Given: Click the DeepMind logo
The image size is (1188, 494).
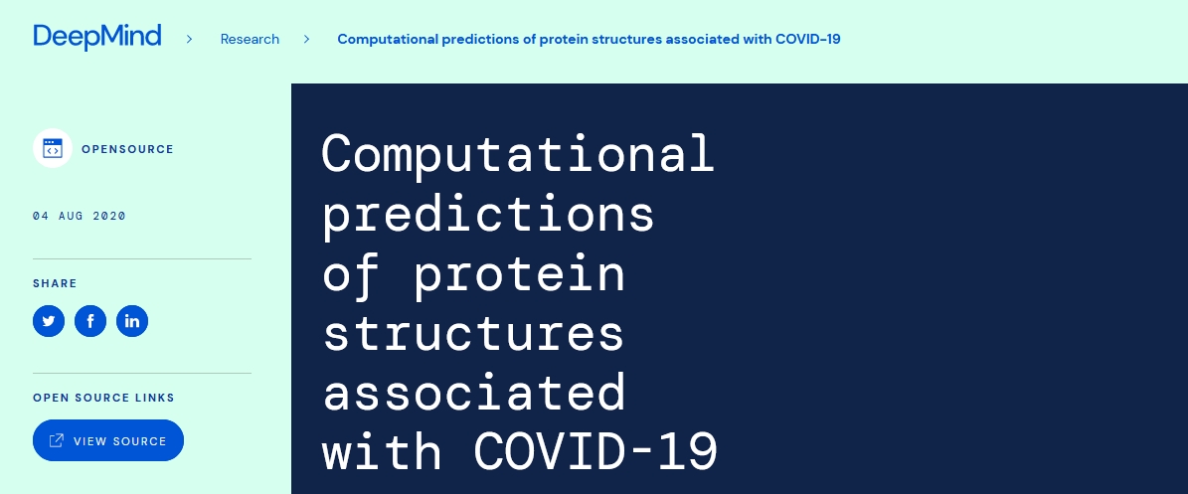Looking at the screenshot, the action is [97, 37].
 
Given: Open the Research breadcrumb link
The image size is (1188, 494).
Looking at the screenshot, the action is [250, 39].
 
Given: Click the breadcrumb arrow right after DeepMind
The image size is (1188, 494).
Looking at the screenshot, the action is [190, 39].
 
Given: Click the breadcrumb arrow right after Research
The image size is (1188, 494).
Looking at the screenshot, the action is [307, 39].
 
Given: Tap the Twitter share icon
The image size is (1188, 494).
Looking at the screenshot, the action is [49, 321].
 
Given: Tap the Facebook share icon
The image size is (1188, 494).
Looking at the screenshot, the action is [90, 321].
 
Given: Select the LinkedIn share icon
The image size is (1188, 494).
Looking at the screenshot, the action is [132, 321].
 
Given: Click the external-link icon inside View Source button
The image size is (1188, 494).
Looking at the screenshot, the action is [56, 440].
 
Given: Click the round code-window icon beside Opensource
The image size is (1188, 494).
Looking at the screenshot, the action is [53, 148].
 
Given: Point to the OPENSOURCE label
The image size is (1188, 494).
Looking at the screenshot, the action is [128, 149].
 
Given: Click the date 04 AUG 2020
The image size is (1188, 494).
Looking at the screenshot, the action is [80, 216].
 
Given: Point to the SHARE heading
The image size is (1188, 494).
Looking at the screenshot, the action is [55, 283].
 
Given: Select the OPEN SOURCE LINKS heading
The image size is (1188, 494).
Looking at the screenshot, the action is [103, 398].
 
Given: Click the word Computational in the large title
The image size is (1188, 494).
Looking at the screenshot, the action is [518, 154].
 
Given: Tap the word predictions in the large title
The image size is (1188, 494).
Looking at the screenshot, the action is [488, 215].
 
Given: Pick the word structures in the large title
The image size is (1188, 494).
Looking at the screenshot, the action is [473, 333].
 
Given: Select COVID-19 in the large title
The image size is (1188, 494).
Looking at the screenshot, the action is [595, 451].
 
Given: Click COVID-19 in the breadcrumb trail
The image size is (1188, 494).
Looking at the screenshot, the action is [808, 39].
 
